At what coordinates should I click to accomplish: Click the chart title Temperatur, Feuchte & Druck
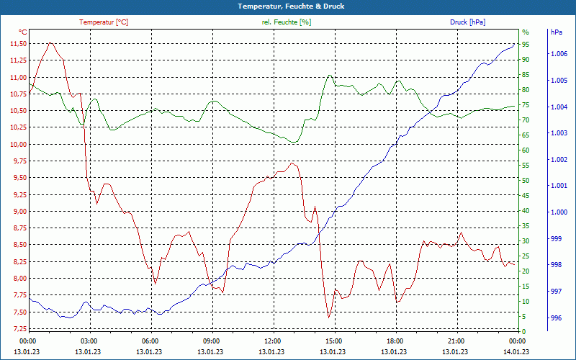287,6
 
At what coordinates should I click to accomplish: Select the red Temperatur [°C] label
104,22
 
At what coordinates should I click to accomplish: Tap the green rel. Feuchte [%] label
287,22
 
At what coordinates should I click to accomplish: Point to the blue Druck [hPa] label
467,22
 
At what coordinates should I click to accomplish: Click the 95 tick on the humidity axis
526,44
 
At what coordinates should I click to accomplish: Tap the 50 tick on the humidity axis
526,181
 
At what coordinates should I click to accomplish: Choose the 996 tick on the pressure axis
556,318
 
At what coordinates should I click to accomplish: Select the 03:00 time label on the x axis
89,341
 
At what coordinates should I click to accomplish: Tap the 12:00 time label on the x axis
272,341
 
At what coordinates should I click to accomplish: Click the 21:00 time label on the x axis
456,341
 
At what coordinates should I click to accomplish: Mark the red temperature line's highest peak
50,42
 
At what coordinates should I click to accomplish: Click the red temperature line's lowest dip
329,318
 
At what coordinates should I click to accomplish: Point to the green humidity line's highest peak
330,74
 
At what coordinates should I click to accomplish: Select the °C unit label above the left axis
22,32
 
